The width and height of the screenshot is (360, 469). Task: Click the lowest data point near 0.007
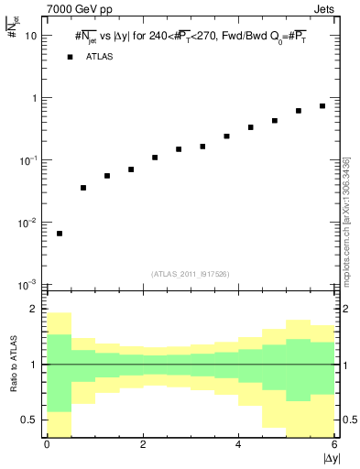point(60,234)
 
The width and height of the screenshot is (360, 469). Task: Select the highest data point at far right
point(322,106)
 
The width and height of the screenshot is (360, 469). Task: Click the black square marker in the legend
point(70,57)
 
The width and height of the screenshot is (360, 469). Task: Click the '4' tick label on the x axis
point(239,445)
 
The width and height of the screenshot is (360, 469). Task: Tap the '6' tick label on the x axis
point(334,445)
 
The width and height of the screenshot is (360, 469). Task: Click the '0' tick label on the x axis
point(47,445)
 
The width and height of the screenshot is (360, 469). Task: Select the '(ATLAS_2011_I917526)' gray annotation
point(191,274)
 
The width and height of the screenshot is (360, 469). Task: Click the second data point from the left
point(83,188)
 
